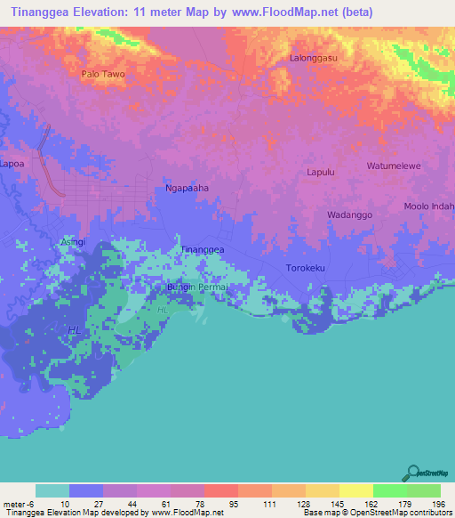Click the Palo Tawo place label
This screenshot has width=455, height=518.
click(x=102, y=74)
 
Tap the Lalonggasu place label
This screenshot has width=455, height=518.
click(x=313, y=59)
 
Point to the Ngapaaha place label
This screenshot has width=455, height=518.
click(x=188, y=189)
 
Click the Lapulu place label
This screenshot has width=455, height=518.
click(x=320, y=173)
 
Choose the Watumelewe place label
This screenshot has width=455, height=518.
click(x=394, y=166)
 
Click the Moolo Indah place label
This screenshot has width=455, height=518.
click(x=429, y=207)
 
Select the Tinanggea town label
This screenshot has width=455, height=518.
click(x=203, y=250)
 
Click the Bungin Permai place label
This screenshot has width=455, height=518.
click(x=198, y=288)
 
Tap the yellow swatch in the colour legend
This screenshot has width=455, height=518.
click(x=355, y=490)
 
